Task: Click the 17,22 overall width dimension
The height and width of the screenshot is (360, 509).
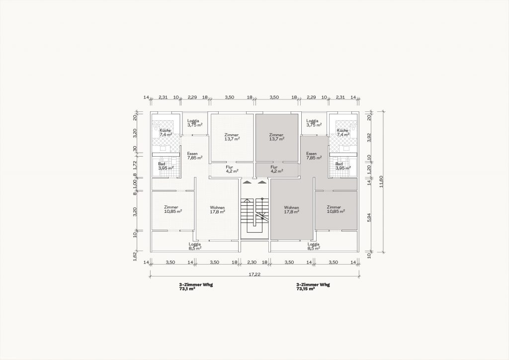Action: coord(255,274)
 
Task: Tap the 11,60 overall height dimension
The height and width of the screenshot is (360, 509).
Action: coord(381,182)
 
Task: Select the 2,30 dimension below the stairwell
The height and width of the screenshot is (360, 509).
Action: coord(252,262)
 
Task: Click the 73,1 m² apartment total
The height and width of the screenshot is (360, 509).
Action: coord(187,288)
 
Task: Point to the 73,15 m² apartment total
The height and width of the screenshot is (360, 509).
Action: coord(306,288)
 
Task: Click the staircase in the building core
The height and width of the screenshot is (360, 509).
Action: coord(255,215)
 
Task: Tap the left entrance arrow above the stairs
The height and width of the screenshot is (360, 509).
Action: coord(248,182)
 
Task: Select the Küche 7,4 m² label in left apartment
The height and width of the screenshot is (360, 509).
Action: coord(165,132)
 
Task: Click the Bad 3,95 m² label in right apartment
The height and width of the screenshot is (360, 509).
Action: coord(343,166)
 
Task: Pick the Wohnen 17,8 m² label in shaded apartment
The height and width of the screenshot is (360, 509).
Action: coord(291,210)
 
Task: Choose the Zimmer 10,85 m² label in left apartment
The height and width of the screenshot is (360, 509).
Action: coord(172,209)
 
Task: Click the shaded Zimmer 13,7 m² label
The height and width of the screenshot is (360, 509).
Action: coord(276,137)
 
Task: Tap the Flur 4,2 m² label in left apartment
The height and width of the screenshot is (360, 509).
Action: coord(232,169)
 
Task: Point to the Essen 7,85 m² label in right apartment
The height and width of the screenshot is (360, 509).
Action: coord(314,156)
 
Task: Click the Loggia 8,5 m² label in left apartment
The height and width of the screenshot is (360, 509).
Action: coord(195,246)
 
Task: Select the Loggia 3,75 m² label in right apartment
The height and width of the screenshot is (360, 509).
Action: coord(314,123)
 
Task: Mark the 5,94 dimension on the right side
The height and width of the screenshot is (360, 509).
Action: coord(369,220)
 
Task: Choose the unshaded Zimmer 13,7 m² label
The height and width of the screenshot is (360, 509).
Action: coord(232,137)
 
